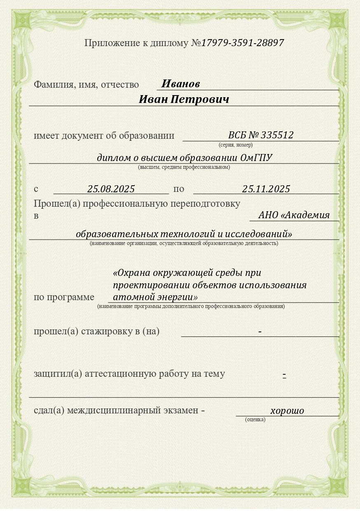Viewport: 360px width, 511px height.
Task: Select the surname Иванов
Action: coord(180,84)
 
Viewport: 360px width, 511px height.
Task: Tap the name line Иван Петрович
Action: coord(184,100)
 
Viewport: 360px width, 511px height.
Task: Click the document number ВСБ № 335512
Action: coord(260,135)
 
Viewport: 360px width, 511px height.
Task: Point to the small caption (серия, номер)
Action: coord(235,145)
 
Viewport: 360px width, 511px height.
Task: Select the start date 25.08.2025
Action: coord(111,189)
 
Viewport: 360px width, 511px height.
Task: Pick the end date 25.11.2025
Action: coord(266,189)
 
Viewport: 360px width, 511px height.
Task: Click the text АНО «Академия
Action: coord(294,215)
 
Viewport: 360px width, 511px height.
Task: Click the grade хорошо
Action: coord(287,411)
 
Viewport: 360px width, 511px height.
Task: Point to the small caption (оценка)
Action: coord(255,420)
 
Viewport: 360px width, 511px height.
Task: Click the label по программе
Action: coord(64,297)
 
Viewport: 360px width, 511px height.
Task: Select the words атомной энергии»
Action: coord(155,296)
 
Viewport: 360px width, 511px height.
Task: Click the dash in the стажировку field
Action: coord(260,331)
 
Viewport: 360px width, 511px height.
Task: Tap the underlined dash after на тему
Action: coord(284,374)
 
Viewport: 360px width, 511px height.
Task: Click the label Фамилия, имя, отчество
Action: coord(86,85)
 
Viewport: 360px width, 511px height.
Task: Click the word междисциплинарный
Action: coord(113,410)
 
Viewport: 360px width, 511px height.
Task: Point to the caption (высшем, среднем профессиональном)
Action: coord(184,167)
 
